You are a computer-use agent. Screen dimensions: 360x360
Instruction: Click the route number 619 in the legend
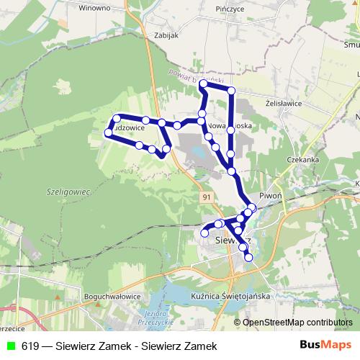(x=30, y=346)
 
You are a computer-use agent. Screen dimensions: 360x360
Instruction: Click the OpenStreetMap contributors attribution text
(x=297, y=323)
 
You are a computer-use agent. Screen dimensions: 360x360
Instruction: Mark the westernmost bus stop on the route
(x=108, y=133)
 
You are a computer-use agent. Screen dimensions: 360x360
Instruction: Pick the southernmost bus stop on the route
(x=249, y=257)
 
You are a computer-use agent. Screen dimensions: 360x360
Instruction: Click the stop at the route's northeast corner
(x=231, y=90)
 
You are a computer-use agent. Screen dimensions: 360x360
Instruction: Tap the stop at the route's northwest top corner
(x=204, y=84)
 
